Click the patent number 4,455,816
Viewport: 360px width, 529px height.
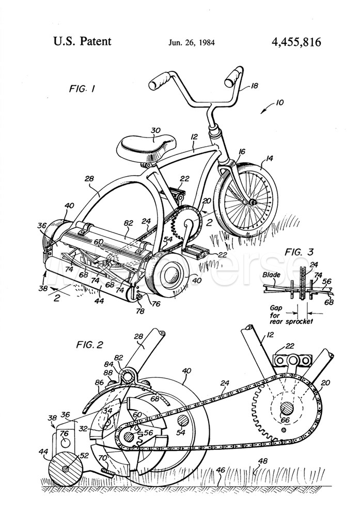(x=296, y=41)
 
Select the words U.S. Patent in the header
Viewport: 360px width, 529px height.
(x=82, y=41)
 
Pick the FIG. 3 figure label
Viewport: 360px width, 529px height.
(x=300, y=252)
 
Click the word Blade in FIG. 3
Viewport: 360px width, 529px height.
(x=271, y=275)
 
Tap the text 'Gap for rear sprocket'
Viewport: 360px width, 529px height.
(x=282, y=315)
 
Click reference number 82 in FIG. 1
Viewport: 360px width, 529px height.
(x=128, y=223)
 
